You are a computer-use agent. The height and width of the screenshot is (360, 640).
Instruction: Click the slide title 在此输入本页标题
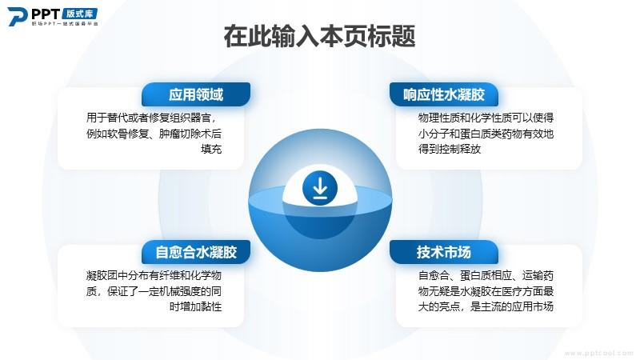[319, 36]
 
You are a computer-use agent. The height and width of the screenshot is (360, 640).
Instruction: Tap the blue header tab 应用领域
[196, 94]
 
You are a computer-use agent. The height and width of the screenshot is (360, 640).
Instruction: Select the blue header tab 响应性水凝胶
[444, 94]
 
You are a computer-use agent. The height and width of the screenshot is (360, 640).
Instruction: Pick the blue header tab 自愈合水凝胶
[196, 252]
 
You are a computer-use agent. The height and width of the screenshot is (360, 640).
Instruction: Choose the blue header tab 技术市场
[444, 252]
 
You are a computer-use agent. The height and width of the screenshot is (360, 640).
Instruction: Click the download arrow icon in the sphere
[320, 188]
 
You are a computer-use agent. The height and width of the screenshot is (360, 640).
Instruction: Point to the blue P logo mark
[17, 17]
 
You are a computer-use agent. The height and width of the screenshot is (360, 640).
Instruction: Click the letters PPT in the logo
[46, 14]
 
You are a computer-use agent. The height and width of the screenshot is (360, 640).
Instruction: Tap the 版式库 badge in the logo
[80, 14]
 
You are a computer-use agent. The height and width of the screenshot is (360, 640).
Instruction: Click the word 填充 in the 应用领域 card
[211, 149]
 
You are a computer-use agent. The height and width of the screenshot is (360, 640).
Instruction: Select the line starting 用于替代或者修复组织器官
[151, 118]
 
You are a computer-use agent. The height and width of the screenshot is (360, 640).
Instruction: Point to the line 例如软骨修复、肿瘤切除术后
[154, 134]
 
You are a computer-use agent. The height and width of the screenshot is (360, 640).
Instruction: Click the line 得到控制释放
[450, 149]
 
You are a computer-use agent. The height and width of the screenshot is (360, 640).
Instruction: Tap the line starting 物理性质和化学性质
[486, 118]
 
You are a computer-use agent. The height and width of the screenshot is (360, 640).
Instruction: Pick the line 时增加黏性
[195, 306]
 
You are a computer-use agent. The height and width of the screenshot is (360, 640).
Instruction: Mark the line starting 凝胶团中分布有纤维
[154, 275]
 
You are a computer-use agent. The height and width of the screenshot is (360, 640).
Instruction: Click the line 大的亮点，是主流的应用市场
[486, 306]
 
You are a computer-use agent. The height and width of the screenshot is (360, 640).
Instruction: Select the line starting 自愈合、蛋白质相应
[486, 275]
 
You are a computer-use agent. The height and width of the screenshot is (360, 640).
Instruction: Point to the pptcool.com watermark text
[598, 353]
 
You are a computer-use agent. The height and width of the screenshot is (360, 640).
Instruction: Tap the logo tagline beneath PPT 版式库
[65, 24]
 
